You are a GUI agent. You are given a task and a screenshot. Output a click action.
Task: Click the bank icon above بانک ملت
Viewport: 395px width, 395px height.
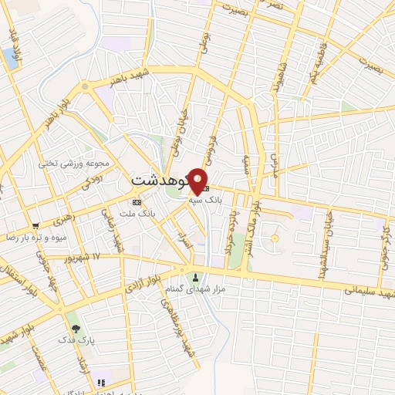[x=137, y=202]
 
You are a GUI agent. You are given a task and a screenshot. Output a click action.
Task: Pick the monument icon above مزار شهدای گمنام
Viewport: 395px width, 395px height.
[x=194, y=277]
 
